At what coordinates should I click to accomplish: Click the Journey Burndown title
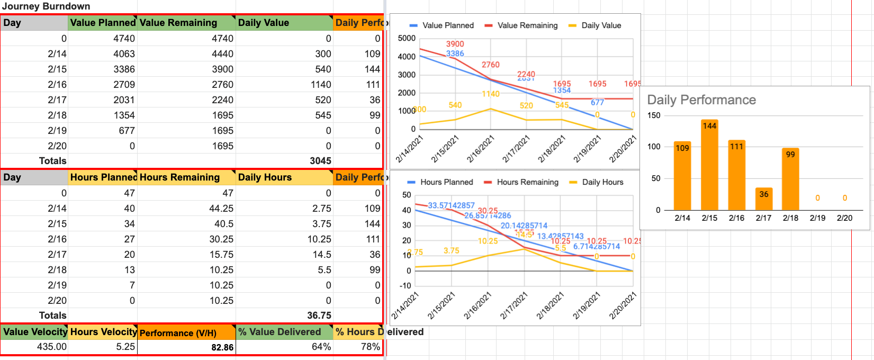point(46,6)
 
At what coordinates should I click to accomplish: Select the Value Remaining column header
point(178,23)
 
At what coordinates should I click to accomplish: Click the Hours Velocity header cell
point(103,332)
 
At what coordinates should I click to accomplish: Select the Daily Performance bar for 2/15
point(709,165)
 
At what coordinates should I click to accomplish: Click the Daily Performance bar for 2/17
point(763,199)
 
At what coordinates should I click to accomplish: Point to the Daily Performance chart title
point(701,100)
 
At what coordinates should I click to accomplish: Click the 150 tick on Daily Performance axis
point(654,115)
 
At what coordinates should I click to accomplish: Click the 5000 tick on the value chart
point(407,38)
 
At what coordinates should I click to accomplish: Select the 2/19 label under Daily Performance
point(817,218)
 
